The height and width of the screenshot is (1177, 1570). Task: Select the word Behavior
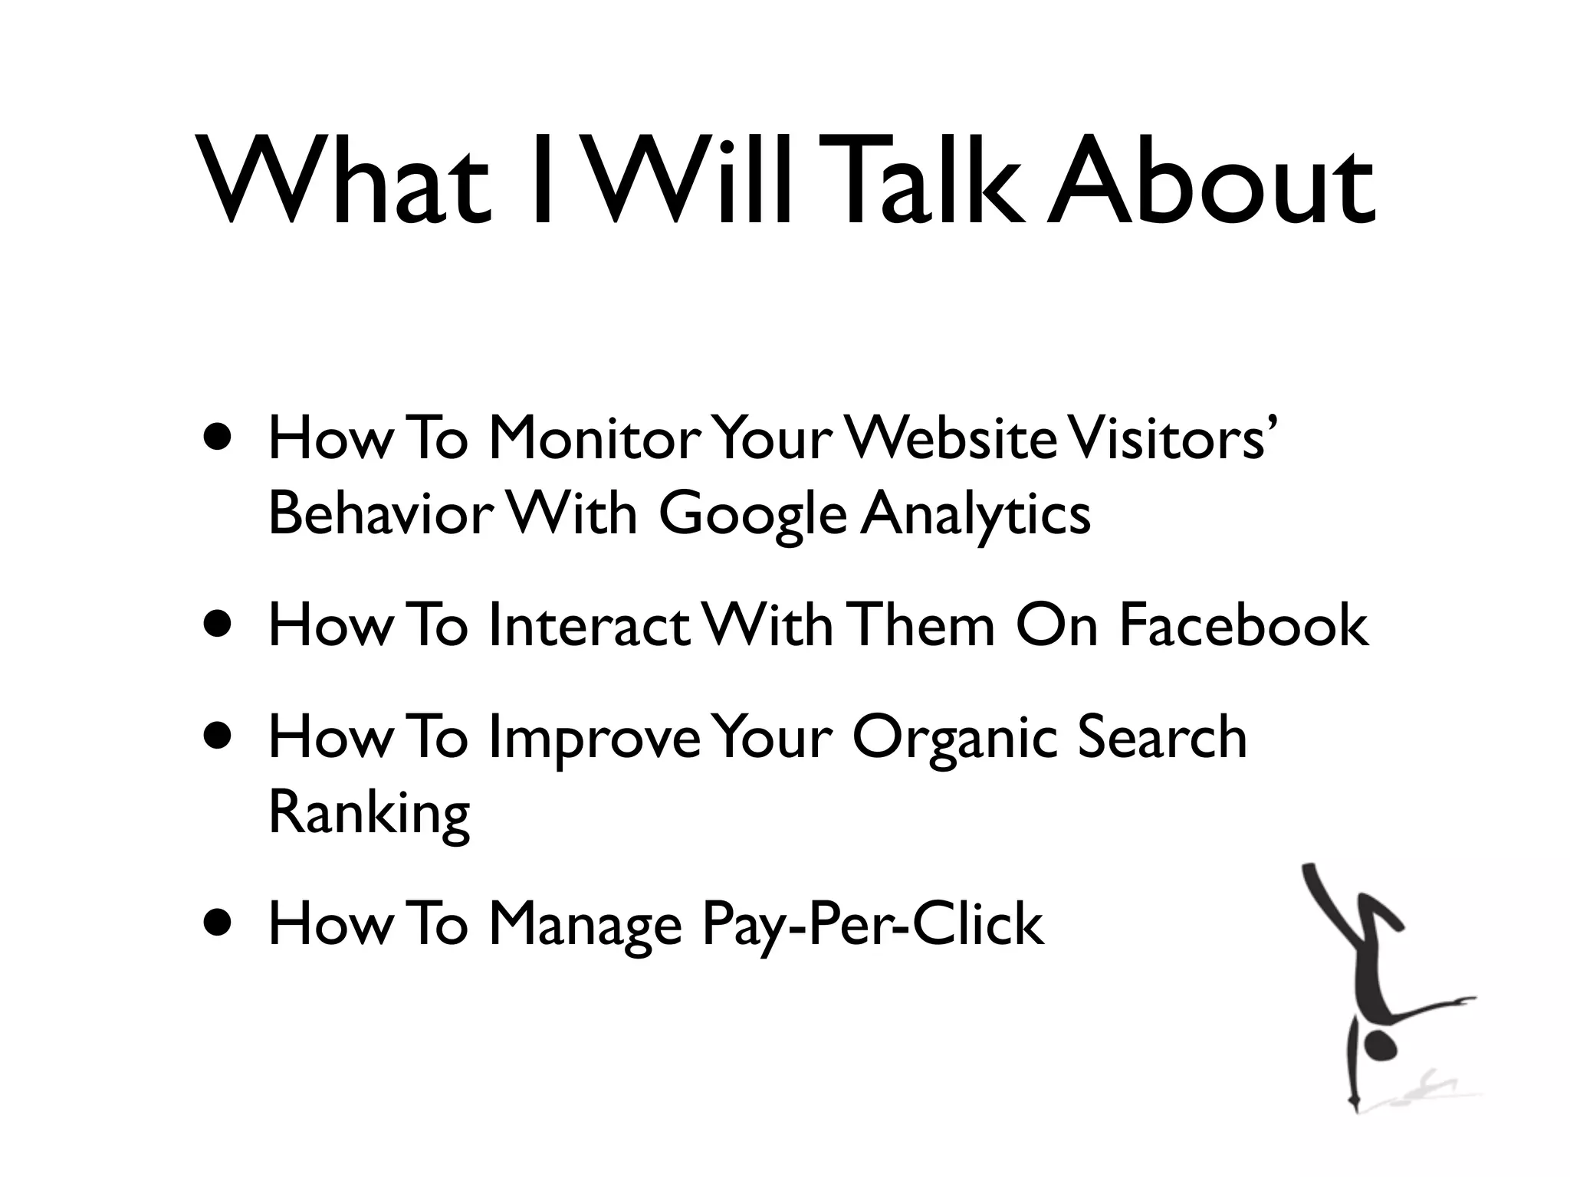(x=377, y=513)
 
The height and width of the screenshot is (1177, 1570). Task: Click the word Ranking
(x=369, y=814)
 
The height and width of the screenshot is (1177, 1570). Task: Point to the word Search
(x=1162, y=736)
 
